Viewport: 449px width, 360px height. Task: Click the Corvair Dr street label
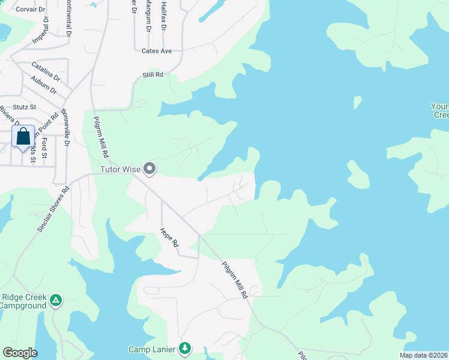[30, 10]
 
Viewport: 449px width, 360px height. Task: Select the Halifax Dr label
[163, 16]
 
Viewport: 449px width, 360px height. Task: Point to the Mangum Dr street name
[148, 17]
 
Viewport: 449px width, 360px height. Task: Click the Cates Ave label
[157, 51]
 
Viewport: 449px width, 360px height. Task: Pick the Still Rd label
[153, 74]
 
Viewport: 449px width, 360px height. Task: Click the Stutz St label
[25, 107]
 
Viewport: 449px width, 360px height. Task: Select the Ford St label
[44, 148]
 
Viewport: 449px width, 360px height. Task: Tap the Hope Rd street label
[169, 237]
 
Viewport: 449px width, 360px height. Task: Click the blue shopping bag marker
[23, 137]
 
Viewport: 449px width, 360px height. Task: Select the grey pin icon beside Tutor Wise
[150, 169]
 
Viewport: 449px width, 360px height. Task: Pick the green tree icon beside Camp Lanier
[185, 349]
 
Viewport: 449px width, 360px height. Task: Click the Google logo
[20, 353]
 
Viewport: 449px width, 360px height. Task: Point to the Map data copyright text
[424, 355]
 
